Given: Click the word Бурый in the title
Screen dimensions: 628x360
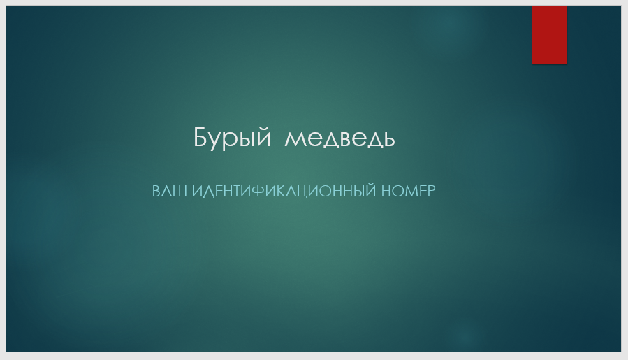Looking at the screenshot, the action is tap(232, 138).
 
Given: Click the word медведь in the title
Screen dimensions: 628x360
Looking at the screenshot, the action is tap(339, 139).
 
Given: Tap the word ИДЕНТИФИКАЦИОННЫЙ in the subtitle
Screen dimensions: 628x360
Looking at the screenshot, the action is tap(284, 190).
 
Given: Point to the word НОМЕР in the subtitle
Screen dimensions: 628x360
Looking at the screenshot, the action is tap(408, 191).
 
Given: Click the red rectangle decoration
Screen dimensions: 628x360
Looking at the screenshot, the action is tap(550, 34).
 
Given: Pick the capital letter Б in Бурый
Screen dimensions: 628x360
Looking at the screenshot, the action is tap(200, 137).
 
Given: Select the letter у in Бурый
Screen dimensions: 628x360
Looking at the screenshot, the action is tap(215, 141).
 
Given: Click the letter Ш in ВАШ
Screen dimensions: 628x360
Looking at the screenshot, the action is tap(181, 191).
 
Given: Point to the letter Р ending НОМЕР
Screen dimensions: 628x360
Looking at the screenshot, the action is tap(431, 191).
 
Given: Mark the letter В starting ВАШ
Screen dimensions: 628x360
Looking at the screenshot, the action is tap(156, 191).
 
